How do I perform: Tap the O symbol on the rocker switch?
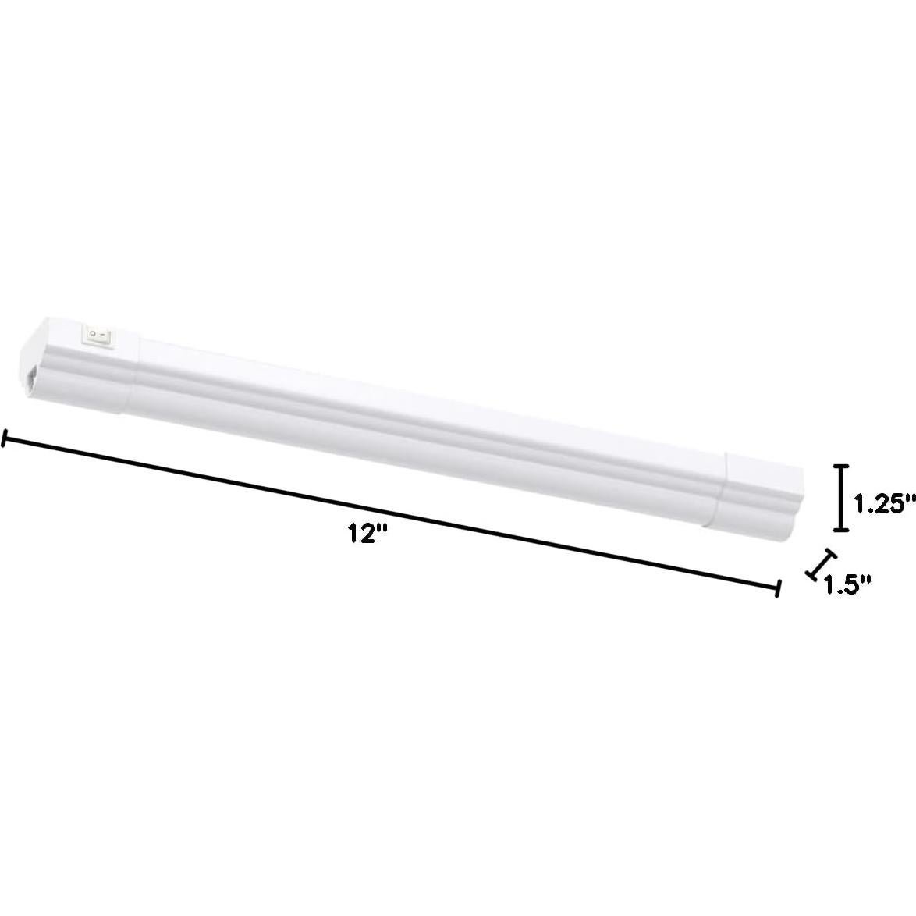coord(93,333)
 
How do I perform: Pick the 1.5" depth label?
coord(847,584)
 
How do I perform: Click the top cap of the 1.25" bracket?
coord(840,467)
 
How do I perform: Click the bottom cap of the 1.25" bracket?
coord(840,530)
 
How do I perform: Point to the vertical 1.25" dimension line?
coord(840,498)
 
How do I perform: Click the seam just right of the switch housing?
coord(140,367)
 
